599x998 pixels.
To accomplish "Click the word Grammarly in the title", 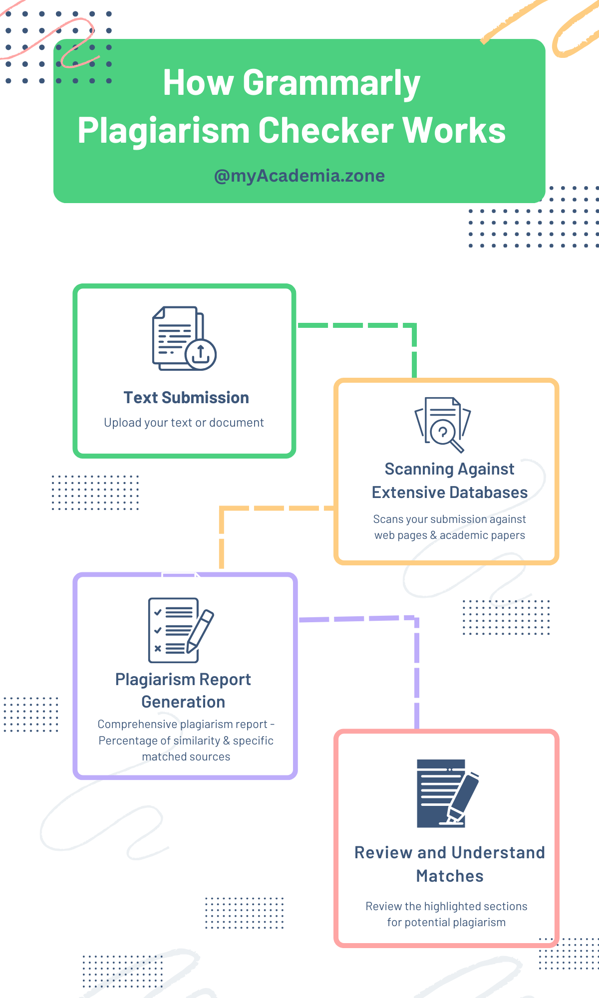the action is pyautogui.click(x=331, y=84).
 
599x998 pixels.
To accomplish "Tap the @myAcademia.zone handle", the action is pyautogui.click(x=299, y=176).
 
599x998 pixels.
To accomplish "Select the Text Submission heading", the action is pyautogui.click(x=186, y=398).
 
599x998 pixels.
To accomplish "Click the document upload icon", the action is pyautogui.click(x=184, y=338).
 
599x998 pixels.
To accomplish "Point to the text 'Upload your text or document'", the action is pyautogui.click(x=184, y=423).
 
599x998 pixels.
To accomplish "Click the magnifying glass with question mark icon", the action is pyautogui.click(x=443, y=425).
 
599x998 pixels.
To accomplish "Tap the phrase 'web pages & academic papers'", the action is pyautogui.click(x=449, y=535).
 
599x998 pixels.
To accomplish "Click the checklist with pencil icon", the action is pyautogui.click(x=180, y=630).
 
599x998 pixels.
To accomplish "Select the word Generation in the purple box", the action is pyautogui.click(x=183, y=702).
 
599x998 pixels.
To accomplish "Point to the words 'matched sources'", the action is pyautogui.click(x=186, y=757).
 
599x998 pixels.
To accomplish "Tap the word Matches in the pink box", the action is pyautogui.click(x=450, y=876).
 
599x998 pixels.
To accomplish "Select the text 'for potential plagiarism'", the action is pyautogui.click(x=446, y=923).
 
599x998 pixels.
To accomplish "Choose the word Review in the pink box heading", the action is pyautogui.click(x=383, y=853).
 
